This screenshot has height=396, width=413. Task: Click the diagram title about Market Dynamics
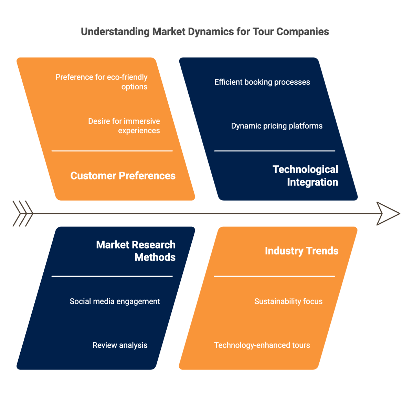click(x=205, y=32)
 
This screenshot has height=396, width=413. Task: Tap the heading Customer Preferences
click(x=123, y=176)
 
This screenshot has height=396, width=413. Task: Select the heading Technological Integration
click(x=305, y=176)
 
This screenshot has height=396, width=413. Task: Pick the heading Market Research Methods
click(x=136, y=251)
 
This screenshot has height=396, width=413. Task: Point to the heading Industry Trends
click(x=301, y=251)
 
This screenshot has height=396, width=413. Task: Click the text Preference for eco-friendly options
click(x=102, y=82)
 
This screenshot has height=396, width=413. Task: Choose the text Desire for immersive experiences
click(x=124, y=126)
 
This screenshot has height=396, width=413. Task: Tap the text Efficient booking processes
click(x=262, y=82)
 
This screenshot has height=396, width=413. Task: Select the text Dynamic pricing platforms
click(x=277, y=126)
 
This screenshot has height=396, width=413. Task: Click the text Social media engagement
click(x=115, y=301)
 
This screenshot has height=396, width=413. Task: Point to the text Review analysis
click(x=120, y=345)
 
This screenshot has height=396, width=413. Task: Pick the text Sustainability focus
click(x=288, y=301)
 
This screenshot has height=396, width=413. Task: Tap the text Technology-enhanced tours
click(x=262, y=345)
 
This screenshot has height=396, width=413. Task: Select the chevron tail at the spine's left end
click(x=23, y=214)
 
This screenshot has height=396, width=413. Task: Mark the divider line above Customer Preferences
click(x=112, y=151)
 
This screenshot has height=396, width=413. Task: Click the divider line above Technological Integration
click(x=275, y=151)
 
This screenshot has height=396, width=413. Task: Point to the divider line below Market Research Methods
click(x=112, y=276)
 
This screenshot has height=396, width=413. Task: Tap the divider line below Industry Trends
click(x=274, y=276)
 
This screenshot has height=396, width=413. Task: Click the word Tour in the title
click(x=263, y=32)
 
